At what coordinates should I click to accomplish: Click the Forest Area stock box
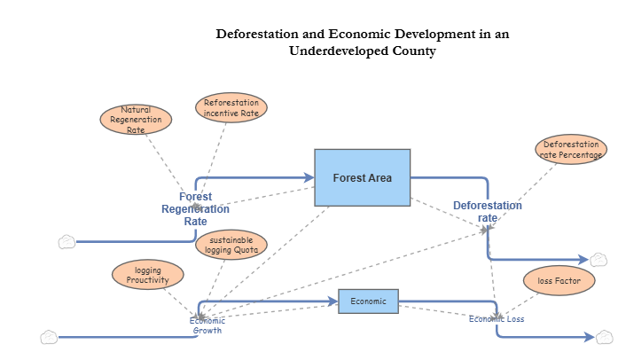pyautogui.click(x=362, y=177)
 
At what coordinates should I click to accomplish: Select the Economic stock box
pyautogui.click(x=368, y=301)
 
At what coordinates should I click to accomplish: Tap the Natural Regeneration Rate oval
pyautogui.click(x=135, y=119)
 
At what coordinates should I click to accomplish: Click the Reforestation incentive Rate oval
pyautogui.click(x=231, y=107)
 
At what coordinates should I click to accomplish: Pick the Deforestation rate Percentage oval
pyautogui.click(x=571, y=149)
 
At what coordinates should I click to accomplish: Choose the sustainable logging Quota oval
pyautogui.click(x=232, y=245)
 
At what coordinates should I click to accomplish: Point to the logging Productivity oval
pyautogui.click(x=146, y=275)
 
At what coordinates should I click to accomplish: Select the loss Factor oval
pyautogui.click(x=559, y=281)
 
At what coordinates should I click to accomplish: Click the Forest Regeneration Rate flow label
pyautogui.click(x=195, y=209)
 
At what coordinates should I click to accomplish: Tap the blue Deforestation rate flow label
pyautogui.click(x=488, y=211)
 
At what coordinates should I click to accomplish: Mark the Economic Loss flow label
pyautogui.click(x=497, y=319)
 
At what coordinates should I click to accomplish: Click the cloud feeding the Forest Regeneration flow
pyautogui.click(x=66, y=241)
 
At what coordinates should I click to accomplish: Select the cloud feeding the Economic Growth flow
pyautogui.click(x=49, y=337)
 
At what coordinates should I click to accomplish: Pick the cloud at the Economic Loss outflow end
pyautogui.click(x=604, y=337)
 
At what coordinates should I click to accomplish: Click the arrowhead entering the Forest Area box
pyautogui.click(x=309, y=177)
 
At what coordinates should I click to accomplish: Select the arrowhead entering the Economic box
pyautogui.click(x=333, y=301)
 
